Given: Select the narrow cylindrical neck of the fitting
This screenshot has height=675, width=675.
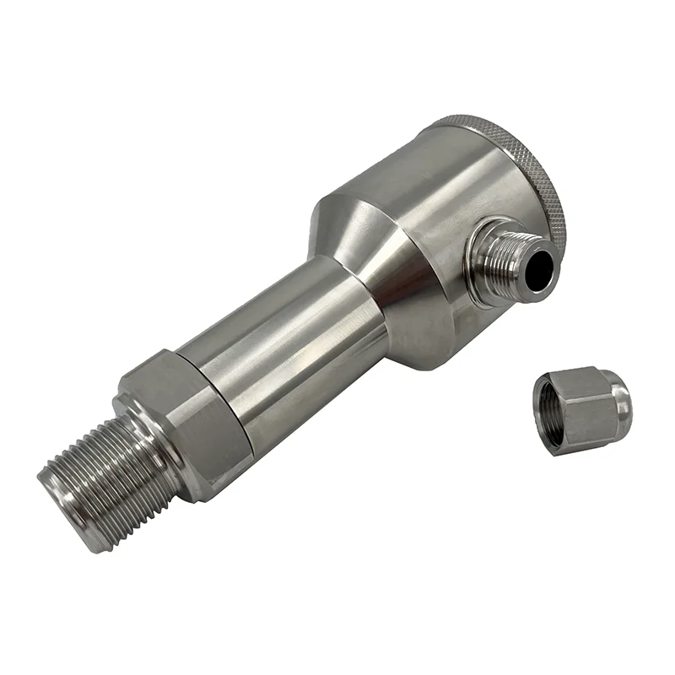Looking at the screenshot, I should coord(278,346).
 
